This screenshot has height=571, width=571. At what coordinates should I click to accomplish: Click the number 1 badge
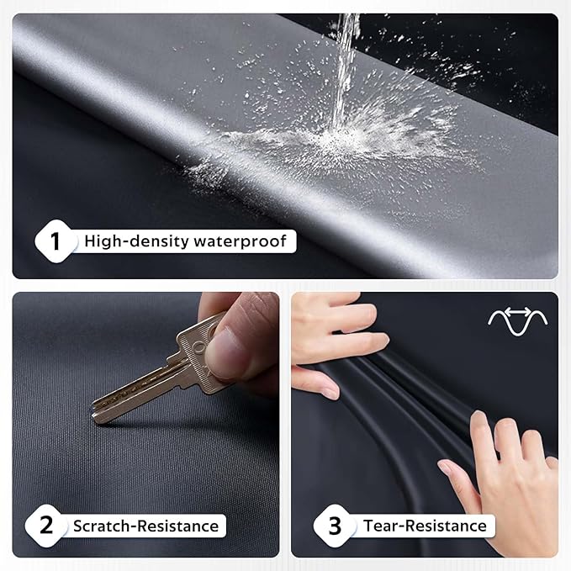click(x=56, y=242)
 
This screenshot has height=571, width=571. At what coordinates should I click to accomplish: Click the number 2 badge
click(x=46, y=526)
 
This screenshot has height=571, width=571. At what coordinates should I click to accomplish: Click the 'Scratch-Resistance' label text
click(x=145, y=526)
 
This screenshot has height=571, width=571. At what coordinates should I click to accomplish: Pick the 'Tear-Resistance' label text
click(x=425, y=526)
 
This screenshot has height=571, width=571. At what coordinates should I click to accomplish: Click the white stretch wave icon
click(x=518, y=320)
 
